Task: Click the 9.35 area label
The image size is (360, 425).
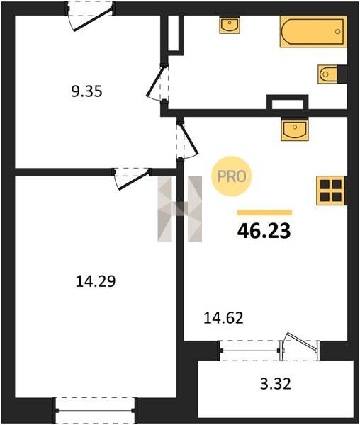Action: coord(86,91)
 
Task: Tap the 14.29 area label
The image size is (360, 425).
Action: coord(96,281)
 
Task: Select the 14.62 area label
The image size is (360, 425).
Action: coord(223,318)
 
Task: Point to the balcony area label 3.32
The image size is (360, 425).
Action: coord(276,384)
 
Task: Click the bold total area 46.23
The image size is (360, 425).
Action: coord(264,232)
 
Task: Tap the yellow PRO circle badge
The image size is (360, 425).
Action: coord(232,176)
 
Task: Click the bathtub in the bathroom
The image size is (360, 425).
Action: coord(313,31)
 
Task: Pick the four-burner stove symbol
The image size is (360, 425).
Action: coord(331,191)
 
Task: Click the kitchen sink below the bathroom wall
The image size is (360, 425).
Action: coord(295,129)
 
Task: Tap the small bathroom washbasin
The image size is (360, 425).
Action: coord(230,25)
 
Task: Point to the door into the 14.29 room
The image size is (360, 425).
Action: coord(132,179)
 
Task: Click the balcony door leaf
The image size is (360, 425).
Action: coord(301,343)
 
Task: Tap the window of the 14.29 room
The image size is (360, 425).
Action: coord(95,410)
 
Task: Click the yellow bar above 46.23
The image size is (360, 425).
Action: coord(264,212)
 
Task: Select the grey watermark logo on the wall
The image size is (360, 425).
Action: coord(180,209)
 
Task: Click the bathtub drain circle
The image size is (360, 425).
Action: coord(337,31)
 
